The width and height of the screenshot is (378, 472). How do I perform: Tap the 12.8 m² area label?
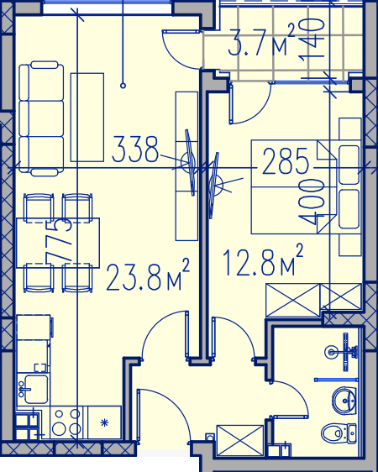(263, 260)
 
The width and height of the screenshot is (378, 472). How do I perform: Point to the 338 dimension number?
(135, 149)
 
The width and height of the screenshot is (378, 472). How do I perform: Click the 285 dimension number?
(286, 161)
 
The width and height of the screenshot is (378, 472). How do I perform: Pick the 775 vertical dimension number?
(59, 241)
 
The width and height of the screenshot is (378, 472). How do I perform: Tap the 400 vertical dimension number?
(311, 202)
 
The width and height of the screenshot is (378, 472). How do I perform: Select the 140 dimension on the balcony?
(311, 39)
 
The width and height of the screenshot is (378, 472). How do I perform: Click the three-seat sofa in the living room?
(41, 118)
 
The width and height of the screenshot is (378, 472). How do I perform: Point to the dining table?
(57, 243)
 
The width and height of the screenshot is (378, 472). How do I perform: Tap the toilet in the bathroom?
(339, 433)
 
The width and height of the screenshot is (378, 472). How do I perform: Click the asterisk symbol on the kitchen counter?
(104, 422)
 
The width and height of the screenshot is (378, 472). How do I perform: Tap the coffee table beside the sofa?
(87, 117)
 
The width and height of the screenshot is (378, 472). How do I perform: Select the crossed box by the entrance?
(240, 440)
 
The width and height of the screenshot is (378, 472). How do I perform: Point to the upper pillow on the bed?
(349, 165)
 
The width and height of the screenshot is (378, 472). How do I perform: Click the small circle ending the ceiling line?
(123, 86)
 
